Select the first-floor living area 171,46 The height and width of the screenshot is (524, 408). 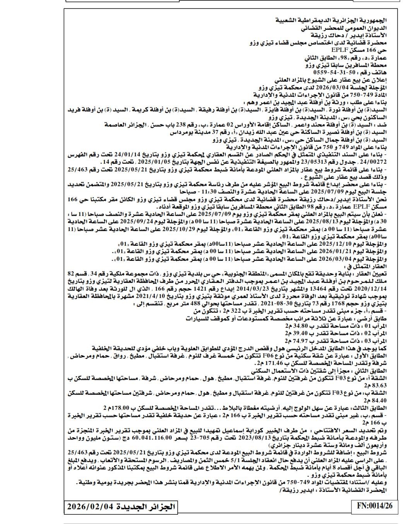pyautogui.click(x=273, y=364)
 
